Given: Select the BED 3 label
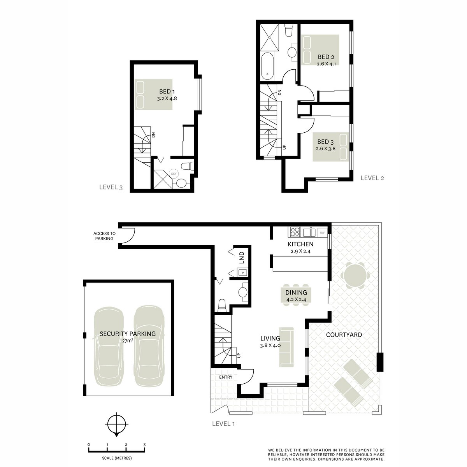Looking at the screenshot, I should (325, 142).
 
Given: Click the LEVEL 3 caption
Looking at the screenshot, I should (111, 187).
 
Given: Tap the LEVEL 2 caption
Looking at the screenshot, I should (372, 178).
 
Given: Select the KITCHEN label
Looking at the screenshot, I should (300, 244).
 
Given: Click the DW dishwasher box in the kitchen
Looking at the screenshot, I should (322, 233).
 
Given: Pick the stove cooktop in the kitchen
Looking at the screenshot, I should (295, 232).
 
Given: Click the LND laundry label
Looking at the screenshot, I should (241, 256).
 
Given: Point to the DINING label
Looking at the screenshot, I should (296, 293).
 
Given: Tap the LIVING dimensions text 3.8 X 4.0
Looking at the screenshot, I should (270, 345).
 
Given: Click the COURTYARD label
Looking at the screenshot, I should (344, 335).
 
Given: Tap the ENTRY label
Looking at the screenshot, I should (225, 377).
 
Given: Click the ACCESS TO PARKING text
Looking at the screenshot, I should (104, 236).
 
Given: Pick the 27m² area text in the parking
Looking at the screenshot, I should (128, 341).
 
